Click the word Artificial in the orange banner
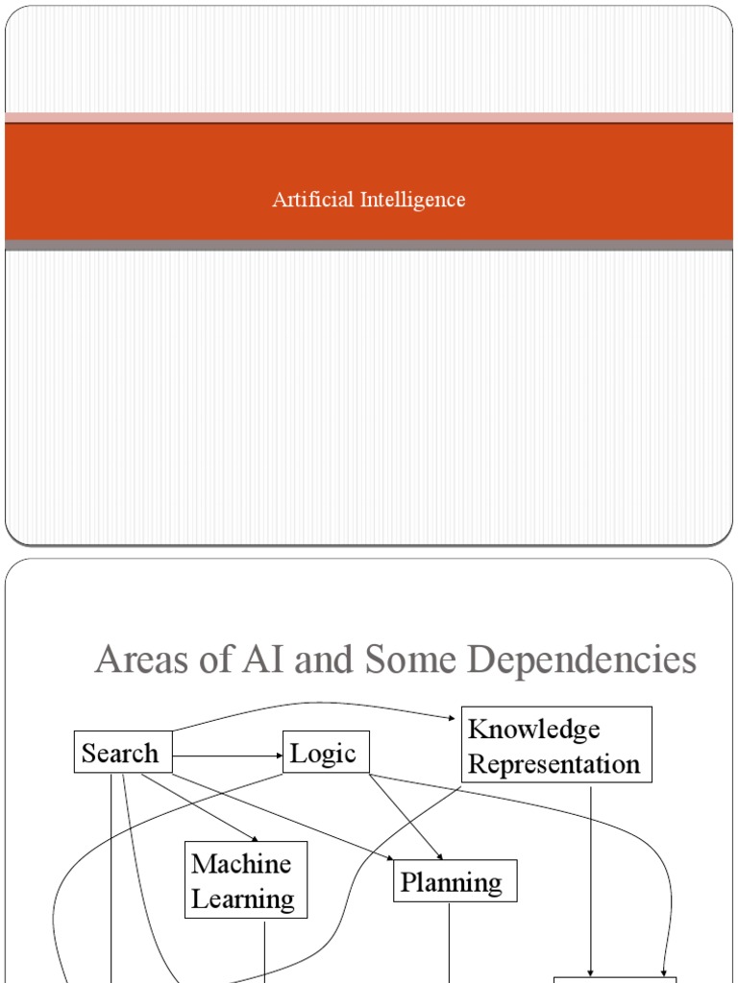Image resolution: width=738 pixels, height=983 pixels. click(x=312, y=200)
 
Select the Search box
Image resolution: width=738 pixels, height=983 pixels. click(x=123, y=753)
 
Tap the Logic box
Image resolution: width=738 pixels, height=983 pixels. click(x=326, y=753)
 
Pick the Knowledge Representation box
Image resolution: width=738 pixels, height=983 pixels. click(x=556, y=745)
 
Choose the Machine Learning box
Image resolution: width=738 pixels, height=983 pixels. click(x=246, y=879)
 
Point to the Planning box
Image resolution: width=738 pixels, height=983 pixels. click(x=455, y=880)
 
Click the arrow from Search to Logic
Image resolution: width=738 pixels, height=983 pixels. click(x=227, y=756)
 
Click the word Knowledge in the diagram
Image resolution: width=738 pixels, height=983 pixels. click(x=533, y=729)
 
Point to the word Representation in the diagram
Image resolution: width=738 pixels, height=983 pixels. click(x=553, y=764)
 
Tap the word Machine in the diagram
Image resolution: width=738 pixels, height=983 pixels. click(x=241, y=863)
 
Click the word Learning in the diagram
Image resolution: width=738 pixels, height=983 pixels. click(x=242, y=899)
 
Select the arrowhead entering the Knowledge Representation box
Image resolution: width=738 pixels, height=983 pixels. click(x=456, y=718)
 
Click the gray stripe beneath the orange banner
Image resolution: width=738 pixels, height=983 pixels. click(x=369, y=245)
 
